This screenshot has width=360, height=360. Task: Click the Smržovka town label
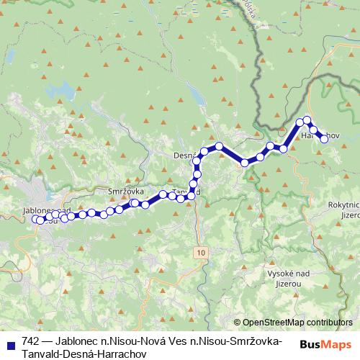point(126,192)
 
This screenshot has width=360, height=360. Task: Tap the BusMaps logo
point(325,344)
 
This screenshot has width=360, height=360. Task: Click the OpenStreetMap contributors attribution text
point(297,323)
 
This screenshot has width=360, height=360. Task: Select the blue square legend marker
point(9,343)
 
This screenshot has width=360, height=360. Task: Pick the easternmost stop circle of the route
point(324,140)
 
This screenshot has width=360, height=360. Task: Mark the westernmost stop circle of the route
point(37,220)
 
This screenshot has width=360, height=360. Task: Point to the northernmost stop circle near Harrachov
point(307,120)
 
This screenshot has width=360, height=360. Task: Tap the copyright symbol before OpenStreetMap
point(237,323)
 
